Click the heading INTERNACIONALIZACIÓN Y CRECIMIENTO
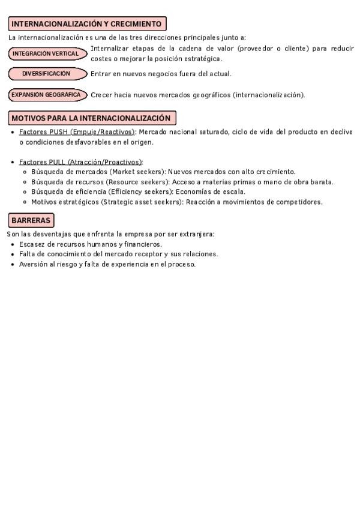click(87, 24)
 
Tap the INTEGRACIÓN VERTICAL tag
click(46, 53)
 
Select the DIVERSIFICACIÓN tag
click(46, 74)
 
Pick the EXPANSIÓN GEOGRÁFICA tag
click(46, 95)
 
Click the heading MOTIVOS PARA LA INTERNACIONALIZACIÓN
click(92, 118)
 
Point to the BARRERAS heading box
click(31, 220)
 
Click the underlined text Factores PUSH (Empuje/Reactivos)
click(77, 132)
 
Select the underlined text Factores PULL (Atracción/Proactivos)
click(80, 162)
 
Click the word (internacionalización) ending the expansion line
click(268, 95)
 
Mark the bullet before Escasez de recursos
click(13, 245)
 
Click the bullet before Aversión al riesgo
click(13, 265)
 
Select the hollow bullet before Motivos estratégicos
click(25, 202)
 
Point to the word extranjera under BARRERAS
click(197, 234)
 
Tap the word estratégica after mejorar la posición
click(202, 59)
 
